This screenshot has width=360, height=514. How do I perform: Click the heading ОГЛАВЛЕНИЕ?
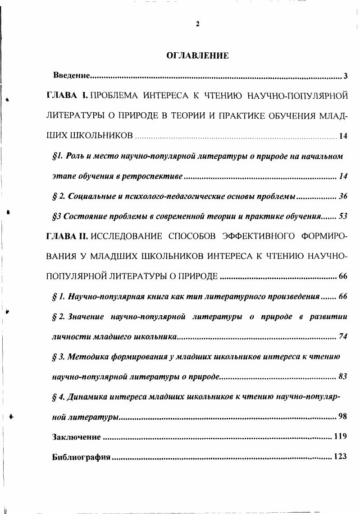click(x=198, y=56)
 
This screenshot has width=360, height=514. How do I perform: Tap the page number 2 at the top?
click(x=197, y=24)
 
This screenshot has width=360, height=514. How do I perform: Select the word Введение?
click(x=73, y=75)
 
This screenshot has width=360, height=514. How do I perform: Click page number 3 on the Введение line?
click(x=345, y=75)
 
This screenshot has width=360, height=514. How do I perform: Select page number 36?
click(x=342, y=197)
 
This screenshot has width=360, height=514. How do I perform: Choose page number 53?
click(x=342, y=216)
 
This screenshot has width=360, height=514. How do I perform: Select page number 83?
click(x=342, y=376)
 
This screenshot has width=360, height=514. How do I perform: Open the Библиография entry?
click(x=81, y=457)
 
